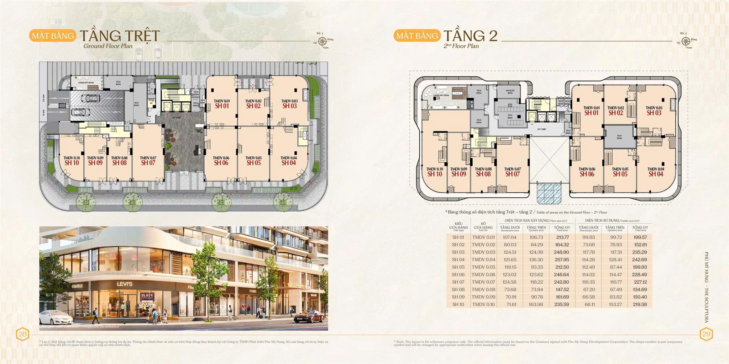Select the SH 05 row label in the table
pyautogui.click(x=458, y=267)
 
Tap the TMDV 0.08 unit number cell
pyautogui.click(x=483, y=290)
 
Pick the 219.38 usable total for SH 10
pyautogui.click(x=640, y=305)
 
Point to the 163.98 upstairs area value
pyautogui.click(x=536, y=305)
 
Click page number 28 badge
pyautogui.click(x=22, y=334)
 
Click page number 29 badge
pyautogui.click(x=706, y=334)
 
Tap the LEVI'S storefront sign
pyautogui.click(x=125, y=284)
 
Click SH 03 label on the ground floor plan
pyautogui.click(x=289, y=106)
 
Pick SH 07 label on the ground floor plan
pyautogui.click(x=148, y=163)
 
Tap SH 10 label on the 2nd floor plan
pyautogui.click(x=435, y=174)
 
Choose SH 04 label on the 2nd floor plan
pyautogui.click(x=656, y=174)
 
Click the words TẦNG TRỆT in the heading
pyautogui.click(x=120, y=36)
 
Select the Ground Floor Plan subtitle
pyautogui.click(x=108, y=46)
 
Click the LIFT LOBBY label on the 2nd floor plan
pyautogui.click(x=541, y=129)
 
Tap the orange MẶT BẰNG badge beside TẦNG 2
pyautogui.click(x=417, y=36)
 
